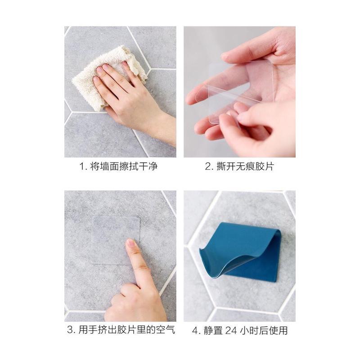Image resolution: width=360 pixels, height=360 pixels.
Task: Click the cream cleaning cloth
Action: [x=108, y=76]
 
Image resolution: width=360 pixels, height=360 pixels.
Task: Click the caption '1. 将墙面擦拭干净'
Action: [x=118, y=166]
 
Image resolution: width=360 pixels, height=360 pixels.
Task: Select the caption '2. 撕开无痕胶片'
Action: [x=239, y=166]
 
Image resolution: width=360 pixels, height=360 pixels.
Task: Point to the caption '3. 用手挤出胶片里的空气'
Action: [x=121, y=330]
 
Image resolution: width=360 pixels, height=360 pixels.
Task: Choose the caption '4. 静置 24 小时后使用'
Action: [x=240, y=331]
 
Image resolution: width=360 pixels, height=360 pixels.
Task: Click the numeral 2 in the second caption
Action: [x=208, y=166]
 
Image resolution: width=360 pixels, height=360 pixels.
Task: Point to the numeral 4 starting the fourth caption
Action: [x=195, y=331]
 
